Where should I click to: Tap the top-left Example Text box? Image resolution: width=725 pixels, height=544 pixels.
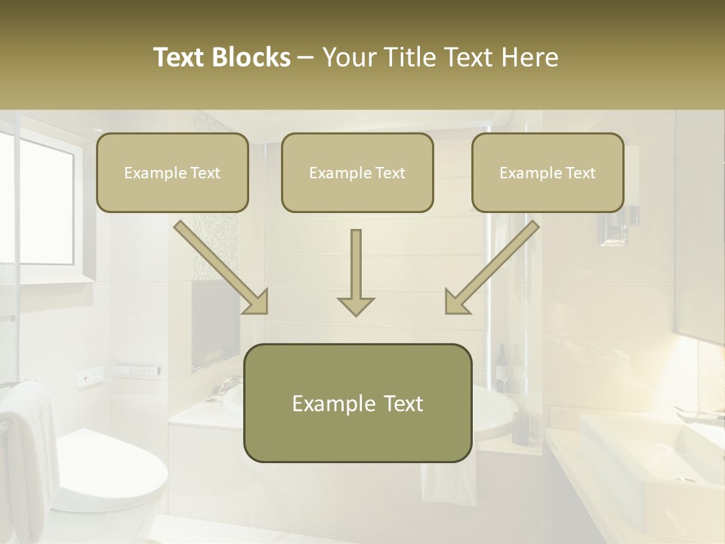172,172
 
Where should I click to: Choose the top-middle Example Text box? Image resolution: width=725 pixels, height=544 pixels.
357,172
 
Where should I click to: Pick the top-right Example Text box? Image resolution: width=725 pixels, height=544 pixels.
548,172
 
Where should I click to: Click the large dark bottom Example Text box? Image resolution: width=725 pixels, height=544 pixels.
357,403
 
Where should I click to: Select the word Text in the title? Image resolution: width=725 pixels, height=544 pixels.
181,57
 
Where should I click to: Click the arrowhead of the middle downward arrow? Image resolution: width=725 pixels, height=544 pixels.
356,305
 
